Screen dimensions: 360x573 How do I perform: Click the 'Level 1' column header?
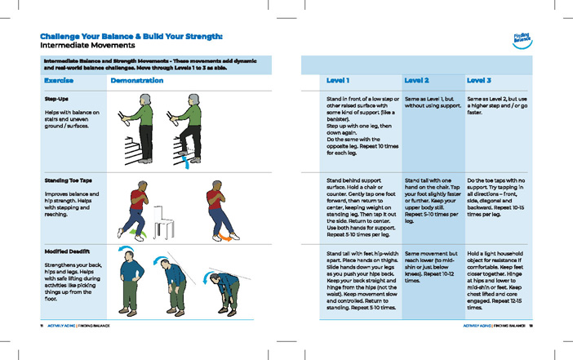pos(338,81)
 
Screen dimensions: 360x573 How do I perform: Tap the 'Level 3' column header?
pos(478,81)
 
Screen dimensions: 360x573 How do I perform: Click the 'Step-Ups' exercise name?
pos(57,99)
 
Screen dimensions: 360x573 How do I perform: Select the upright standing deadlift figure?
pos(131,281)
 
